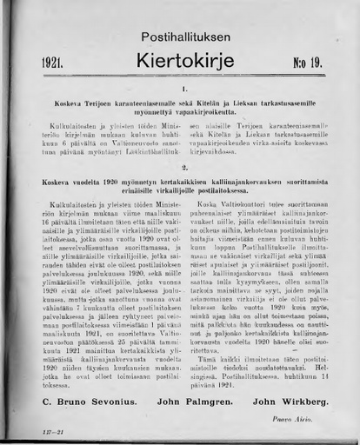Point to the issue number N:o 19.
click(305, 62)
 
